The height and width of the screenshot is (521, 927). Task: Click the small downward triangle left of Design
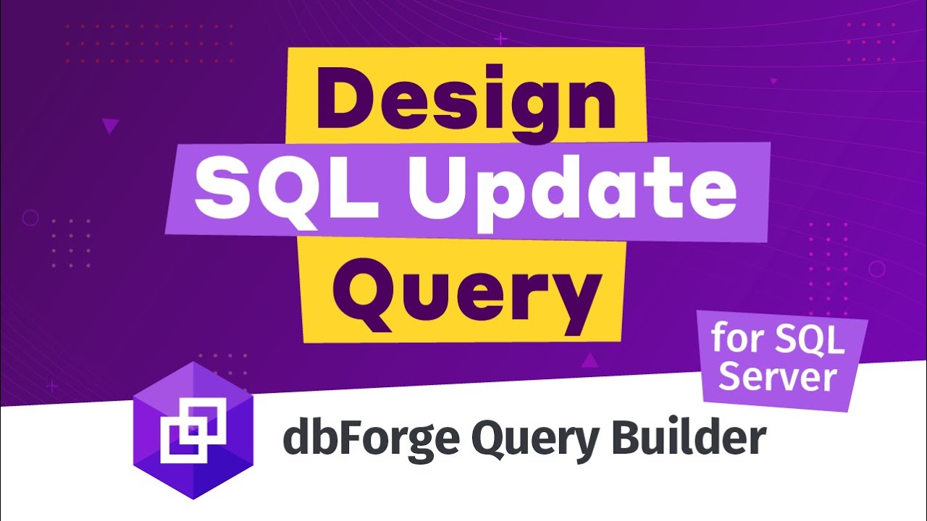[110, 127]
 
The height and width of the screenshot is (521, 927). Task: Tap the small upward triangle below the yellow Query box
[590, 360]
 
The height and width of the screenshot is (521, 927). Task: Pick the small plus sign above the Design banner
[500, 38]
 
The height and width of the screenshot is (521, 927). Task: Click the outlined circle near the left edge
[30, 217]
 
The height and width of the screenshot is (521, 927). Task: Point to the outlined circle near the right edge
[876, 269]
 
